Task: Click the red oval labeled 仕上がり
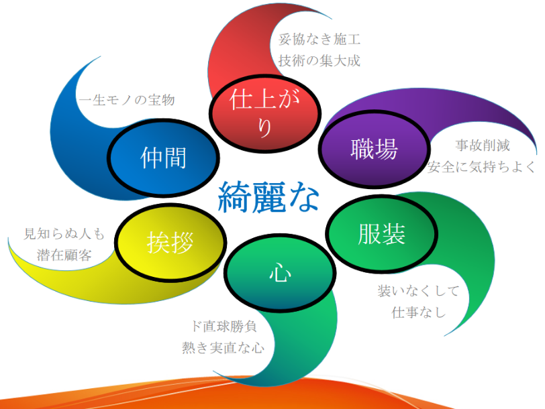coord(265,113)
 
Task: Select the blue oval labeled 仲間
coord(163,158)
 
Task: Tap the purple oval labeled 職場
coord(375,150)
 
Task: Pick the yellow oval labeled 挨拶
coord(170,242)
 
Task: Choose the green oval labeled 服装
coord(382,233)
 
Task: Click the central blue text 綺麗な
coord(268,197)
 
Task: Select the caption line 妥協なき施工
coord(319,40)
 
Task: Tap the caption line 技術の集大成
coord(319,61)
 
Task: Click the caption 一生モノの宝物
coord(127,100)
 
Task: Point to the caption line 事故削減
coord(483,145)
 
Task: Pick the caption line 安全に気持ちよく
coord(482,167)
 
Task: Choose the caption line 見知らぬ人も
coord(64,233)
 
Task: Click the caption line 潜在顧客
coord(64,255)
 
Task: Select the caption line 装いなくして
coord(419,291)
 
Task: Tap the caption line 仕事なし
coord(419,312)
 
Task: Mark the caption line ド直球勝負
coord(224,326)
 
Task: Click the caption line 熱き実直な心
coord(223,347)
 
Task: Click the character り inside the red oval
coord(265,129)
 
